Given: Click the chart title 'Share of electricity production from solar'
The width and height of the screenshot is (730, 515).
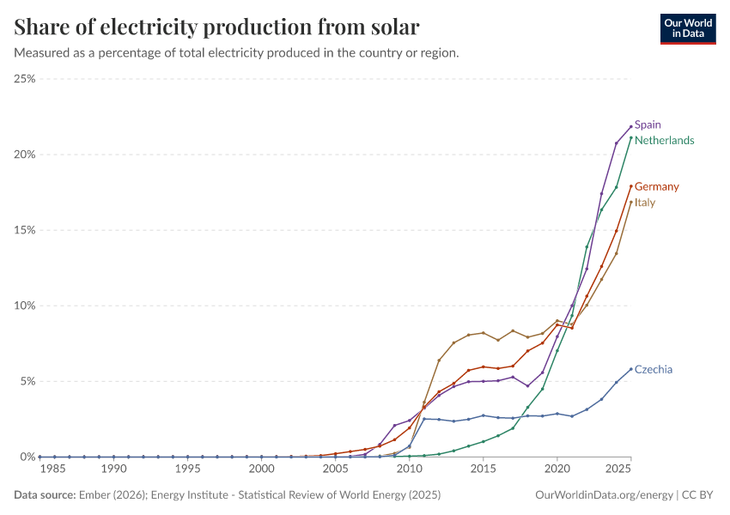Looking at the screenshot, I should tap(217, 27).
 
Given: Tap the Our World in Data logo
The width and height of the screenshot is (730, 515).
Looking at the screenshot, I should tap(687, 28).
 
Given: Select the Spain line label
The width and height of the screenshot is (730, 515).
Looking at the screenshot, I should tap(648, 124).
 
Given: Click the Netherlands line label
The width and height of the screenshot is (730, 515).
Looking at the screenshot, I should tap(664, 140).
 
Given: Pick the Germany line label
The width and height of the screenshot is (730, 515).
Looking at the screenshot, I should tap(656, 186).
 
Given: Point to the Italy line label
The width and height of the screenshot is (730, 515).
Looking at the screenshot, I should tap(644, 203).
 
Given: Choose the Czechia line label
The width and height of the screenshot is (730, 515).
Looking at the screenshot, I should tap(653, 369).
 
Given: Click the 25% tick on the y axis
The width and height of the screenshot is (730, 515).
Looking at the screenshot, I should tap(24, 79).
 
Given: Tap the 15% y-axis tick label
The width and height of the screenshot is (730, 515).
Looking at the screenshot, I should tap(24, 230).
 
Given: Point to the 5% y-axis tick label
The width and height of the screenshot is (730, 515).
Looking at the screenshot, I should tap(27, 381).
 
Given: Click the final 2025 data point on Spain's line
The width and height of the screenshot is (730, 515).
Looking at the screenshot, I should tap(631, 127).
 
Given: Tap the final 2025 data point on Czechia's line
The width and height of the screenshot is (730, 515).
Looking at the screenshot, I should tap(631, 369).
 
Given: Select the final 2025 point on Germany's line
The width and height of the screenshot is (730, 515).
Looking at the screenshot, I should tap(631, 186).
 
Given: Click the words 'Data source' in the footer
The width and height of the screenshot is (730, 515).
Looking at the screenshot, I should tap(45, 495).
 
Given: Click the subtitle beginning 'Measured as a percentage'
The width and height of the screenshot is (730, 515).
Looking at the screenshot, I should tap(236, 52).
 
